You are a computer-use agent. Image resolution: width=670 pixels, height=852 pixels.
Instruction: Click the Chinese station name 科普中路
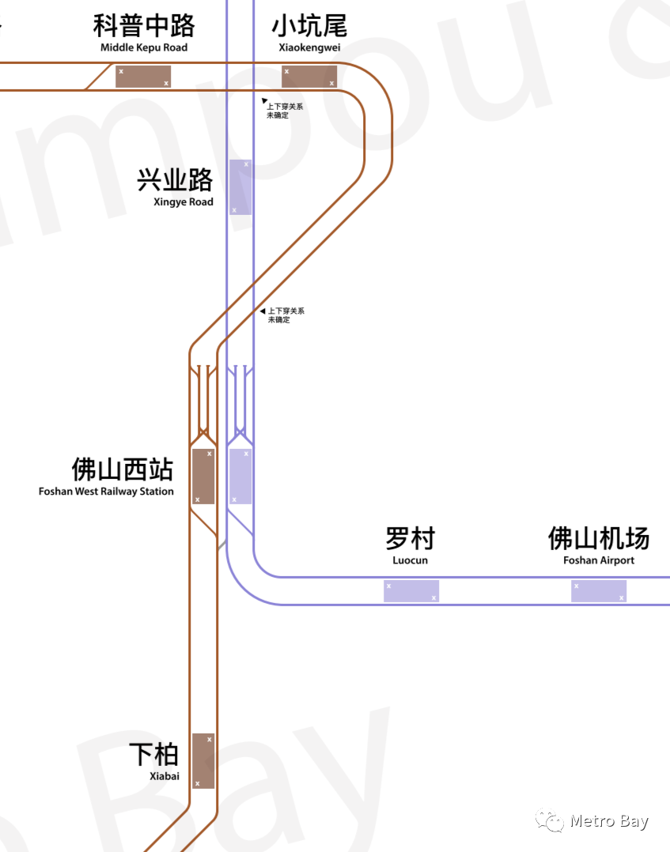click(x=144, y=26)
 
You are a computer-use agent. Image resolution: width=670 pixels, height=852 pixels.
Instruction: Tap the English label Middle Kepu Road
click(x=144, y=48)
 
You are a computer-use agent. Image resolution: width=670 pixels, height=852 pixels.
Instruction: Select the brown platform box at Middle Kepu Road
click(x=143, y=77)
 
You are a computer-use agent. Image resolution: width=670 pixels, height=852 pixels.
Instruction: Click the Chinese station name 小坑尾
click(x=309, y=26)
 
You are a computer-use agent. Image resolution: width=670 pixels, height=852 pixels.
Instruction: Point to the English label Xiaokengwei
click(x=309, y=48)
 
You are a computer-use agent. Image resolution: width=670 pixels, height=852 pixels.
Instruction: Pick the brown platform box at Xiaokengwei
click(x=309, y=77)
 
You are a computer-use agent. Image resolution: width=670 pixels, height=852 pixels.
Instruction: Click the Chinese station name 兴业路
click(x=175, y=180)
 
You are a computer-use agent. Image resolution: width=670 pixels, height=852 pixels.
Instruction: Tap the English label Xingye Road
click(x=184, y=202)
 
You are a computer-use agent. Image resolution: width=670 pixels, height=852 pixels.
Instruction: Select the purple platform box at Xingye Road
click(x=240, y=187)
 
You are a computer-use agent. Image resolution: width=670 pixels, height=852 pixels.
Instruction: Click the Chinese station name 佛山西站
click(x=123, y=469)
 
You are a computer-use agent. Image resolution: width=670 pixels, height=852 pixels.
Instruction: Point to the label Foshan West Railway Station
click(x=106, y=492)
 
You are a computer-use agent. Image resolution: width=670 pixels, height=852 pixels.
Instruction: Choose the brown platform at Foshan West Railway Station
click(x=203, y=477)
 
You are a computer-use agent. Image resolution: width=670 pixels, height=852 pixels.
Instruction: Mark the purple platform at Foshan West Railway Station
click(x=240, y=477)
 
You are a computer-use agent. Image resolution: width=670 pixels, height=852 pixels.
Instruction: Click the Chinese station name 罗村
click(x=410, y=539)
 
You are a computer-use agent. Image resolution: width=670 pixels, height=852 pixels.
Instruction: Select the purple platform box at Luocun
click(x=411, y=591)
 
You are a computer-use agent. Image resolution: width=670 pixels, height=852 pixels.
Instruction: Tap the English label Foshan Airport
click(x=599, y=561)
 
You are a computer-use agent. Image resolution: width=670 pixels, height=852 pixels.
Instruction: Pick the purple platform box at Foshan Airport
click(x=599, y=591)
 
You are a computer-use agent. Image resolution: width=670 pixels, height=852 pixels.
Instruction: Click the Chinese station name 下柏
click(x=154, y=755)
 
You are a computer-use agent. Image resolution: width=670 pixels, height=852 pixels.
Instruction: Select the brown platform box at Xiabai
click(x=203, y=760)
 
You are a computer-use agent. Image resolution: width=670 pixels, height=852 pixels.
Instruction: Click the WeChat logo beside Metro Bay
click(x=550, y=821)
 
